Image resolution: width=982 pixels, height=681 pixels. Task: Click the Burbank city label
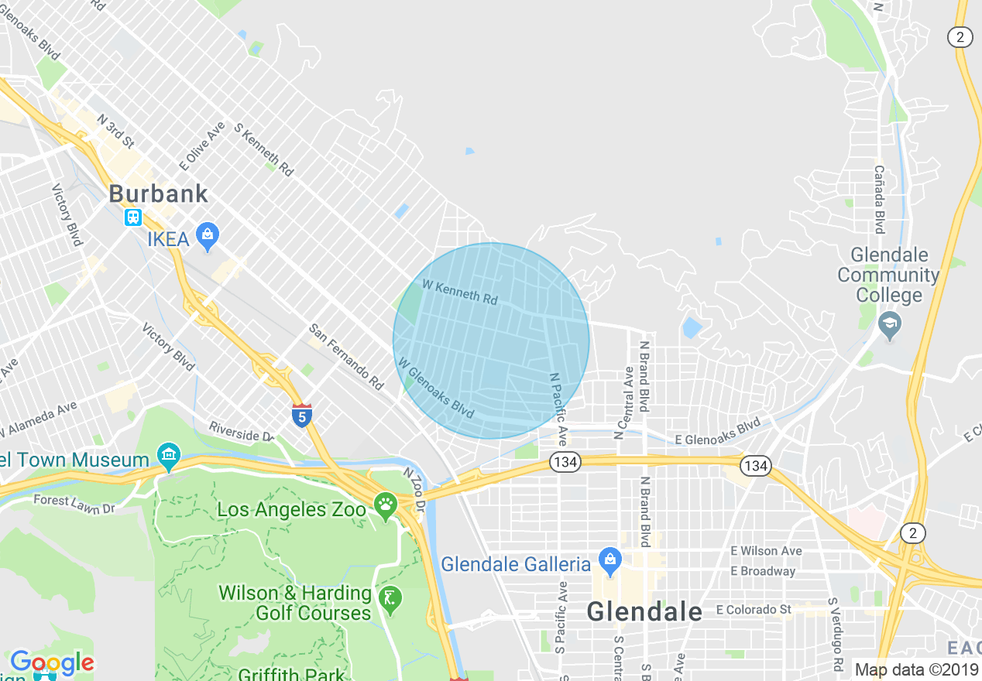pos(159,193)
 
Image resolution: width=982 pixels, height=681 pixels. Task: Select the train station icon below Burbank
pos(133,217)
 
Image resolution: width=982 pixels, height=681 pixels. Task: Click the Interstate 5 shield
pos(302,416)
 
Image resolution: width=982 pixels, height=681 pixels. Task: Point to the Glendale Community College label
pos(888,275)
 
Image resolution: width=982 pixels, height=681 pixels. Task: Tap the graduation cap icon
pos(890,326)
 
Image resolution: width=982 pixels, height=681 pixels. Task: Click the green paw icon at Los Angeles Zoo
pos(385,507)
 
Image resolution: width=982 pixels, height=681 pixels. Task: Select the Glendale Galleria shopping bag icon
pos(610,561)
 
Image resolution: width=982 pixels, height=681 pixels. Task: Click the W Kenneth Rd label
pos(460,292)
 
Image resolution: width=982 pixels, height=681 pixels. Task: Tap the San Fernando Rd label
pos(346,356)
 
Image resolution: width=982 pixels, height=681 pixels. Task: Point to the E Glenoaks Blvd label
pos(718,433)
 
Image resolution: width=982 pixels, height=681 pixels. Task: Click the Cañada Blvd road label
pos(880,199)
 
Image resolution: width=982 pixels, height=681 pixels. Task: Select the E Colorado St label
pos(753,610)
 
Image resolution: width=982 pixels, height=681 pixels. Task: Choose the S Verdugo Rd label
pos(836,633)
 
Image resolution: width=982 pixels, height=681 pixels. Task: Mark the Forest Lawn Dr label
pos(74,503)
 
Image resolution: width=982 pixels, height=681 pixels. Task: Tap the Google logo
pos(52,663)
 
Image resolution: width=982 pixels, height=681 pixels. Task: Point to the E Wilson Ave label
pos(766,551)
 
